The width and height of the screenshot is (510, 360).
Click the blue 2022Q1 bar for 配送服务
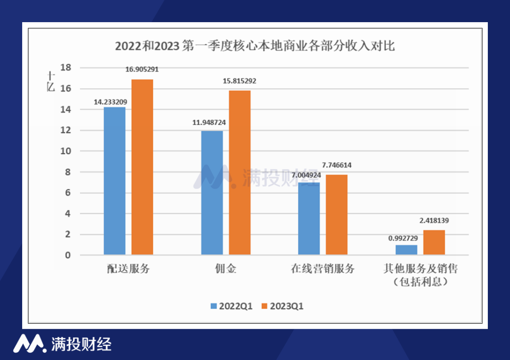click(x=114, y=181)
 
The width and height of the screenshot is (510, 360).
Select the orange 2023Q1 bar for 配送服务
click(x=142, y=167)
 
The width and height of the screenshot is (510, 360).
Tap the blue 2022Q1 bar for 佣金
click(x=212, y=193)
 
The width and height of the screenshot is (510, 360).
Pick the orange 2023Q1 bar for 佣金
click(x=239, y=173)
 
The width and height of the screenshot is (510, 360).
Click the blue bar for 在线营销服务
click(x=309, y=219)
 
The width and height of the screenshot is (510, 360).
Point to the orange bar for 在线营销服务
click(x=337, y=215)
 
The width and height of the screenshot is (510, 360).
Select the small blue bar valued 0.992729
click(x=406, y=250)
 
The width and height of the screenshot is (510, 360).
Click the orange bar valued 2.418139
click(x=434, y=243)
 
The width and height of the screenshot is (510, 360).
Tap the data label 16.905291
click(x=142, y=69)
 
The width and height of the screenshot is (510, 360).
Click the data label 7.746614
click(x=337, y=165)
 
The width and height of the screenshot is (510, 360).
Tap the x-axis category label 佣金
click(x=225, y=269)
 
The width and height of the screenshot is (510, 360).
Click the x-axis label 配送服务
click(x=128, y=269)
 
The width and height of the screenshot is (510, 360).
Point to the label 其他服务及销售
click(x=420, y=269)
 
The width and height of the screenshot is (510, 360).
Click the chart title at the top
click(x=255, y=47)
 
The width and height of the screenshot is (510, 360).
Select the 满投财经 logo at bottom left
click(x=62, y=343)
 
